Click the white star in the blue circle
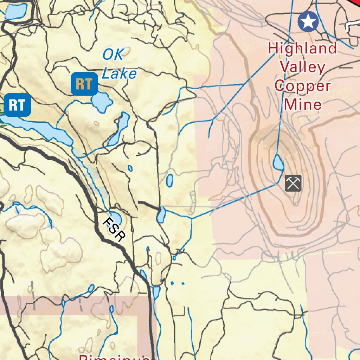point(308,21)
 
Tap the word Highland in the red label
point(302,48)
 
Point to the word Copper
point(303,85)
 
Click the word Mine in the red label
point(303,104)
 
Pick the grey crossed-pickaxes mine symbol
point(293,183)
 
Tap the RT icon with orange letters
point(84,84)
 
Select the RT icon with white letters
point(17,105)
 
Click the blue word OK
point(113,55)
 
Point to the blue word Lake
point(119,73)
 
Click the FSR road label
point(114,230)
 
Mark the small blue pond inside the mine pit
point(278,162)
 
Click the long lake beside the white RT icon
point(39,129)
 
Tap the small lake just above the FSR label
point(115,217)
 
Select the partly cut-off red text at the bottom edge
point(114,356)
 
